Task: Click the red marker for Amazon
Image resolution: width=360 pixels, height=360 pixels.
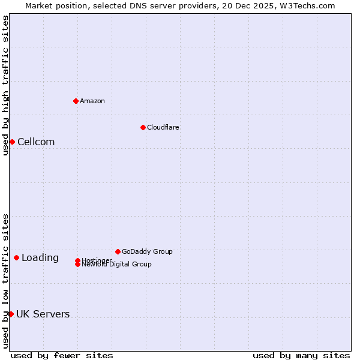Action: coord(76,101)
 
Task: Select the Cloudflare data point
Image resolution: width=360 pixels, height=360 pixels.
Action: coord(143,127)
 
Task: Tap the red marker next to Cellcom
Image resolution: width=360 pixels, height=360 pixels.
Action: coord(12,142)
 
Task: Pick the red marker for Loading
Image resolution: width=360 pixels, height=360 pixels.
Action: coord(16,257)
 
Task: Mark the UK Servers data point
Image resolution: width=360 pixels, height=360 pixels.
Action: coord(11,314)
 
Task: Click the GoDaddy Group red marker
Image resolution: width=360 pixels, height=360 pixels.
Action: coord(118,251)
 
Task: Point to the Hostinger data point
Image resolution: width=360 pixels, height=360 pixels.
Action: coord(78,260)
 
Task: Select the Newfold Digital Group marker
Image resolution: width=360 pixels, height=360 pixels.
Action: coord(78,265)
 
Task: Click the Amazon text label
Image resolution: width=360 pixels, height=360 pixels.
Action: coord(92,101)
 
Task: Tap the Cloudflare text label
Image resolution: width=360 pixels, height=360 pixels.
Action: coord(163,127)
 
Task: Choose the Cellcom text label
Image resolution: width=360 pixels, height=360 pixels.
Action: coord(36,142)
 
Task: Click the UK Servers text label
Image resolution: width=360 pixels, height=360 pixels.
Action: coord(43,314)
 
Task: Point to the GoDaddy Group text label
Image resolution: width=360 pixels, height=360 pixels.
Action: coord(147,251)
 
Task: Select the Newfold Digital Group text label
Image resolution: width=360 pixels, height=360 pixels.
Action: coord(117,265)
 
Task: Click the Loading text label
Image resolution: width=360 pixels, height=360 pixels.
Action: coord(40,257)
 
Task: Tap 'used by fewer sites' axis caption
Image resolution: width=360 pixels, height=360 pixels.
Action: coord(62,355)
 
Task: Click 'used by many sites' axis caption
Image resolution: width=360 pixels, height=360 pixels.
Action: coord(301,355)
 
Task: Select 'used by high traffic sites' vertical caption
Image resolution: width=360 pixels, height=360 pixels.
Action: coord(5,85)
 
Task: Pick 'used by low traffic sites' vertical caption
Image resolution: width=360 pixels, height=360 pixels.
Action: coord(5,280)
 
